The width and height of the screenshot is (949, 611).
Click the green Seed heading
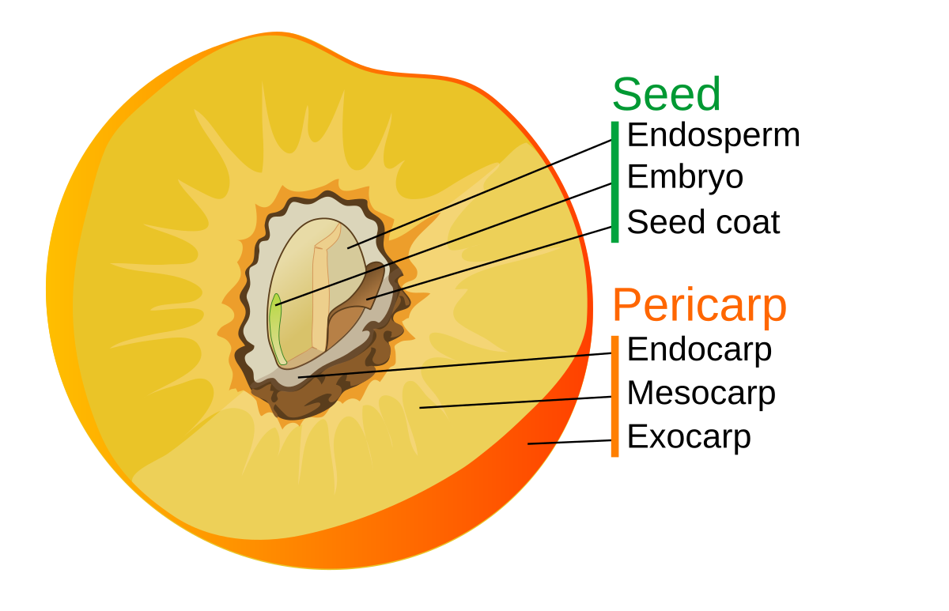tap(666, 95)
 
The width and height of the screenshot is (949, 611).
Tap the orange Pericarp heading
tap(699, 305)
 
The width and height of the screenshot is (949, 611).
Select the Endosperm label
tap(713, 135)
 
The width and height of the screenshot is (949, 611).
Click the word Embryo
tap(685, 177)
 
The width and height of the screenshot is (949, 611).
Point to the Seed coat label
tap(703, 222)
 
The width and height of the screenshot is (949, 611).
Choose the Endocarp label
tap(699, 349)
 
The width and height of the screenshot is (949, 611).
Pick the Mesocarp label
tap(701, 393)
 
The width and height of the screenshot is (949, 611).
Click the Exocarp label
tap(688, 436)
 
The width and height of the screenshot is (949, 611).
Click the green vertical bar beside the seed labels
tap(614, 181)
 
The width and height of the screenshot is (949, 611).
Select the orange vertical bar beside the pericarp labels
tap(614, 396)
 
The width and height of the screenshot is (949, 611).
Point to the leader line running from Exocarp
tap(569, 442)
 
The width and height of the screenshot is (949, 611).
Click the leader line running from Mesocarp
tap(514, 402)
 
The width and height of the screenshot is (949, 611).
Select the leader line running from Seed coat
tap(490, 265)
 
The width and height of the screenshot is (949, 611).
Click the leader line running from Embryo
tap(443, 244)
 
